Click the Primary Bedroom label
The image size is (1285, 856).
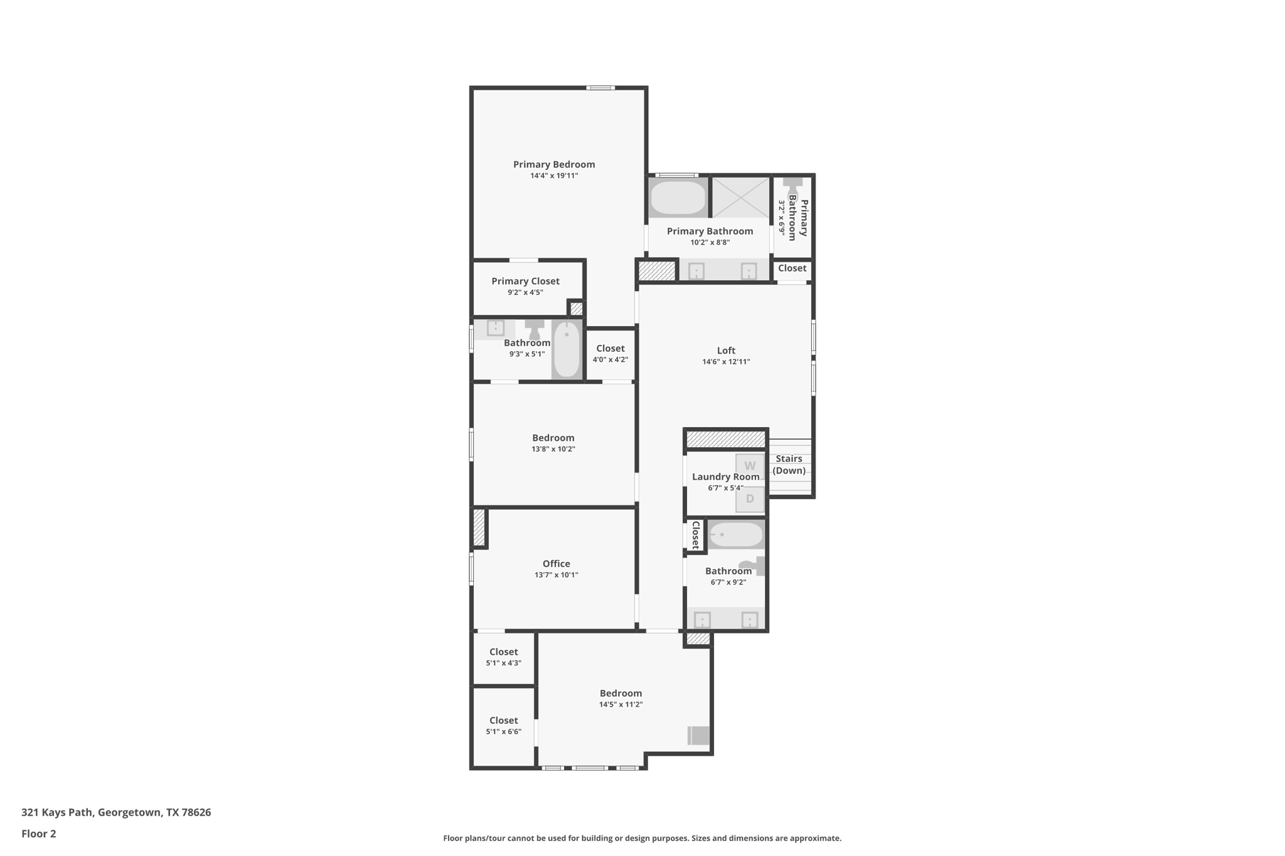(553, 164)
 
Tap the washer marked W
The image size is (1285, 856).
(749, 466)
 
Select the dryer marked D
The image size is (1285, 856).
(749, 499)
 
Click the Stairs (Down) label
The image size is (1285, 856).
(789, 465)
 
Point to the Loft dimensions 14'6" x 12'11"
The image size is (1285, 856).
(726, 362)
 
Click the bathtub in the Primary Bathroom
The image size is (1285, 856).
(678, 198)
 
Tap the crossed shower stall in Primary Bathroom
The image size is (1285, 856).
(740, 198)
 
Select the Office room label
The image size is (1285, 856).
(556, 564)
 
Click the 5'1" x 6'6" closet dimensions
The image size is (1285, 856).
(503, 732)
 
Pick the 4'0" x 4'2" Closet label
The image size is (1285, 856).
(610, 349)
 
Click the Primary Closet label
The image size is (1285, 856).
(525, 282)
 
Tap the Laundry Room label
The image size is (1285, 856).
(725, 477)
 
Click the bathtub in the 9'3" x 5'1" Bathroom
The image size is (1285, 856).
(567, 349)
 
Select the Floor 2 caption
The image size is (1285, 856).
(39, 833)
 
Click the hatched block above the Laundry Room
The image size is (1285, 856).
(726, 439)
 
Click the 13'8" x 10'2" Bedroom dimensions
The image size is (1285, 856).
(553, 449)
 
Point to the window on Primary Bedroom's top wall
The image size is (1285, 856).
(600, 88)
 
